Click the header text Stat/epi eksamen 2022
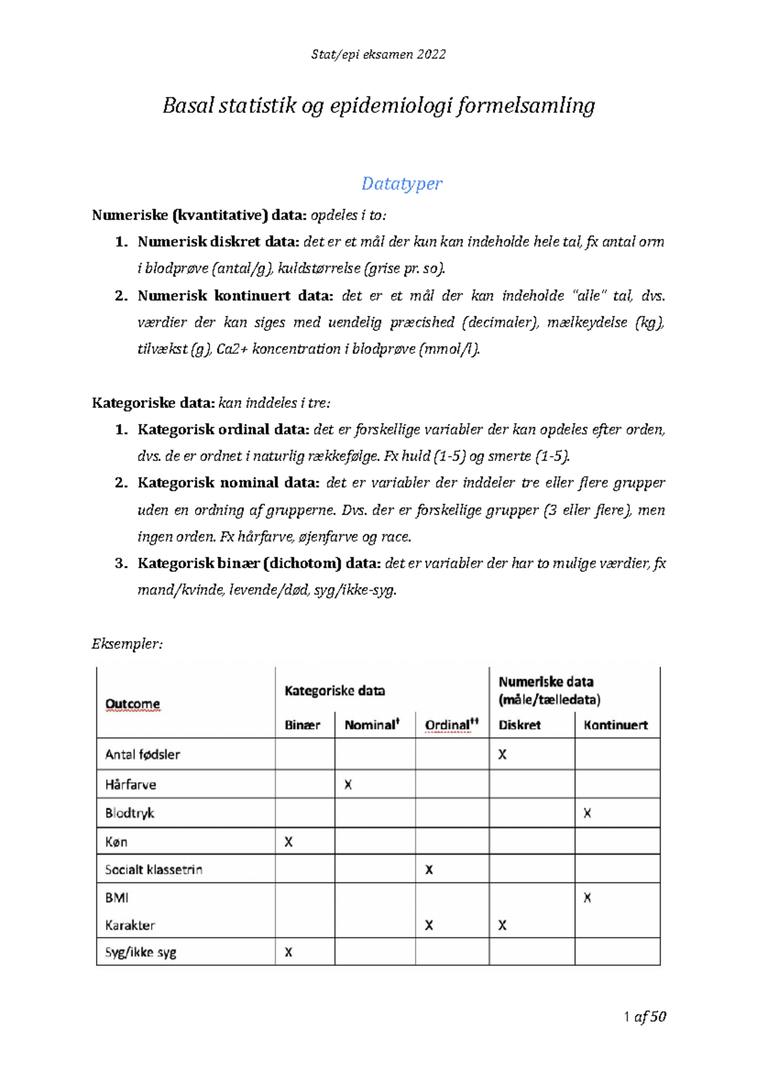(x=378, y=54)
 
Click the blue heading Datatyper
(x=401, y=184)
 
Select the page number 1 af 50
(x=644, y=1016)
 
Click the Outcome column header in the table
(x=132, y=703)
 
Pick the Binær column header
(x=302, y=725)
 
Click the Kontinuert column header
(x=616, y=725)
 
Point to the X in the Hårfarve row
(x=348, y=785)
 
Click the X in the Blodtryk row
(x=587, y=813)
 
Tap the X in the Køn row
(x=288, y=841)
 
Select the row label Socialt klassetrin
(x=153, y=869)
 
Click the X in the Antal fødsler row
(x=502, y=754)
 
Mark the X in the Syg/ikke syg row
(x=288, y=952)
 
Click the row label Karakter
(x=130, y=925)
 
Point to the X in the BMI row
(x=587, y=897)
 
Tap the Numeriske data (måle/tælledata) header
(x=548, y=690)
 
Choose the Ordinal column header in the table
(x=449, y=725)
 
